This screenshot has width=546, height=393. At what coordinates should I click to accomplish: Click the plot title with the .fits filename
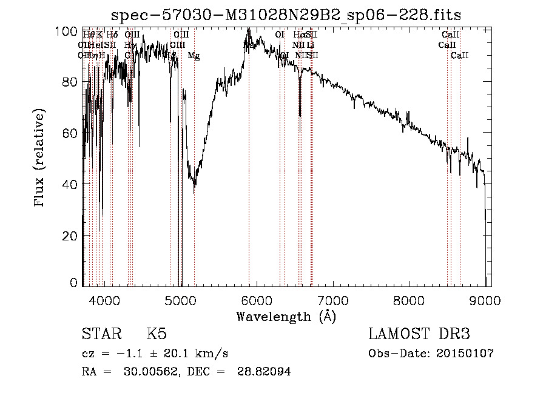pyautogui.click(x=291, y=15)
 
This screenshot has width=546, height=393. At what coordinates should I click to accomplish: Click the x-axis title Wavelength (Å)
pyautogui.click(x=286, y=316)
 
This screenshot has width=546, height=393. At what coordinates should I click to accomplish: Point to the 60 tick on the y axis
pyautogui.click(x=72, y=133)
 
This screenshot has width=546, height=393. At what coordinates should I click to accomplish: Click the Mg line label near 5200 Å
pyautogui.click(x=194, y=56)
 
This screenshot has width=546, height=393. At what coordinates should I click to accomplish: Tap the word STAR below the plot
pyautogui.click(x=101, y=334)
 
